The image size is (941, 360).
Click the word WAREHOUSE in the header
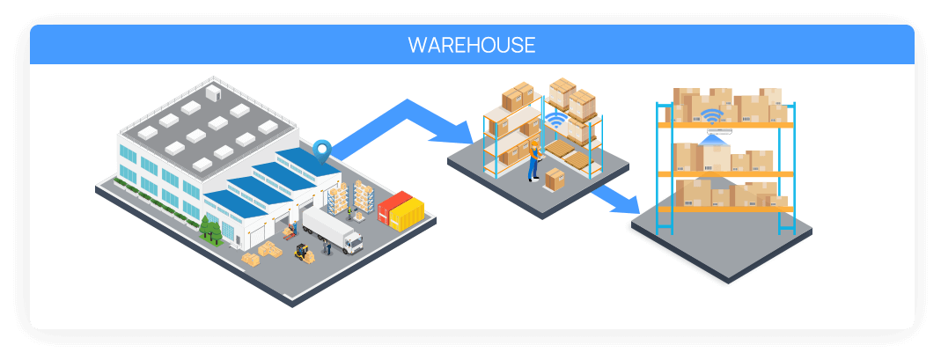point(471,45)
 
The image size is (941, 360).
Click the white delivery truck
point(333,230)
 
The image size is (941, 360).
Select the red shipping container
point(393,206)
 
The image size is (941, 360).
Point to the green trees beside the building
point(210,231)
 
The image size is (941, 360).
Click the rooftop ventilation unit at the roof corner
point(214,92)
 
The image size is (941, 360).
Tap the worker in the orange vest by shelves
point(533,162)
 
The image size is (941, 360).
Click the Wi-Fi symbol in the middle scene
point(555,120)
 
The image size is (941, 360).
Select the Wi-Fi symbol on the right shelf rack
point(712,116)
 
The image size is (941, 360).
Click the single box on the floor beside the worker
point(554,180)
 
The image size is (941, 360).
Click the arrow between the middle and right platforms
point(615,199)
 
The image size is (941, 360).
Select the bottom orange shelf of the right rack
point(725,209)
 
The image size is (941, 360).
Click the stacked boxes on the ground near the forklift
point(262,253)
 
